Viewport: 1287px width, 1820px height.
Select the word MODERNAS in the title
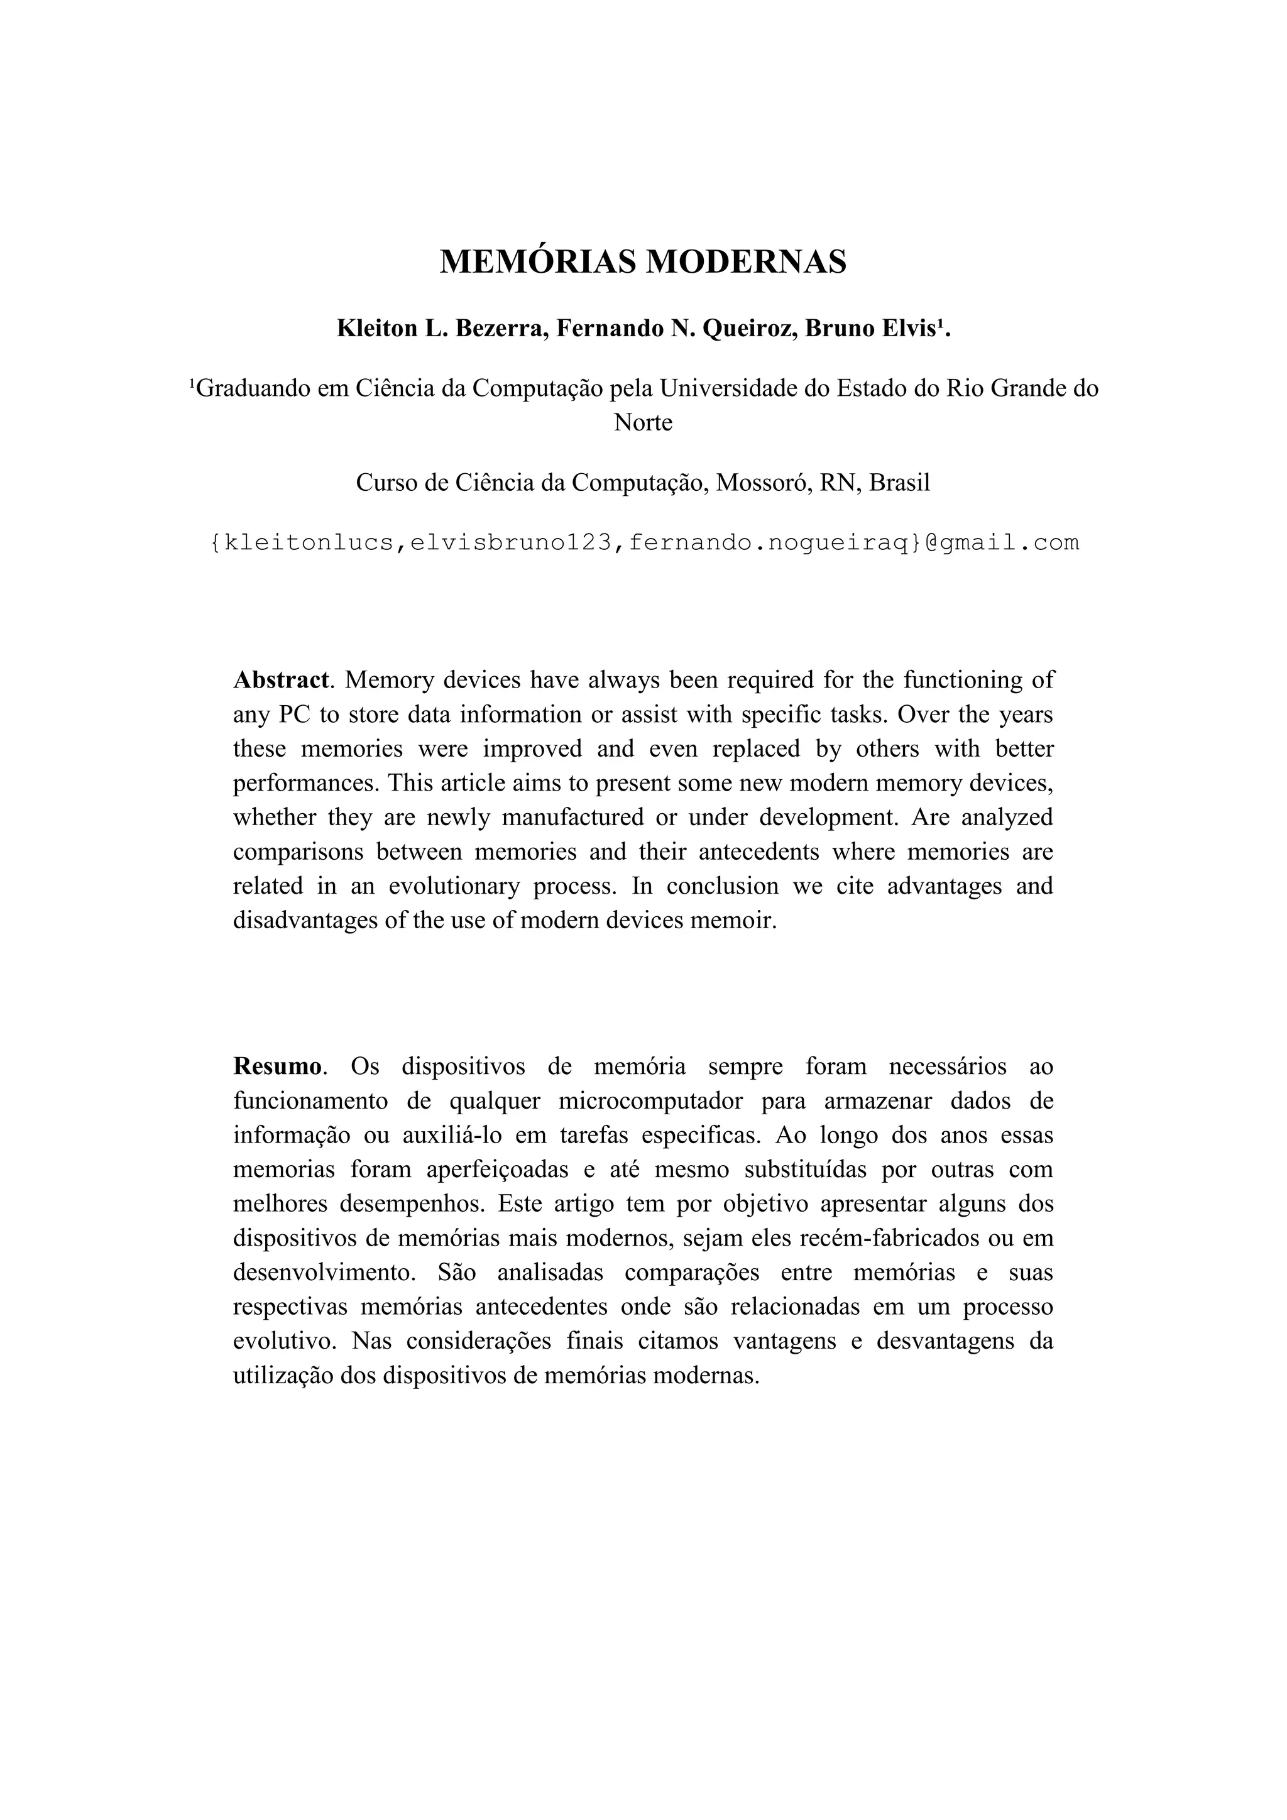pos(746,262)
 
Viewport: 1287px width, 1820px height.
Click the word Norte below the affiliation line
pos(643,422)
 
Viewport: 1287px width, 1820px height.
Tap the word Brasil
pos(899,483)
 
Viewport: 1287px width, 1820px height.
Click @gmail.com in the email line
pos(1002,543)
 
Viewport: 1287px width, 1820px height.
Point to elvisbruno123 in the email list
pos(511,543)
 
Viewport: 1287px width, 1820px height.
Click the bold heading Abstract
pos(280,680)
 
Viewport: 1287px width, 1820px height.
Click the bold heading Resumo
pos(277,1066)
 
